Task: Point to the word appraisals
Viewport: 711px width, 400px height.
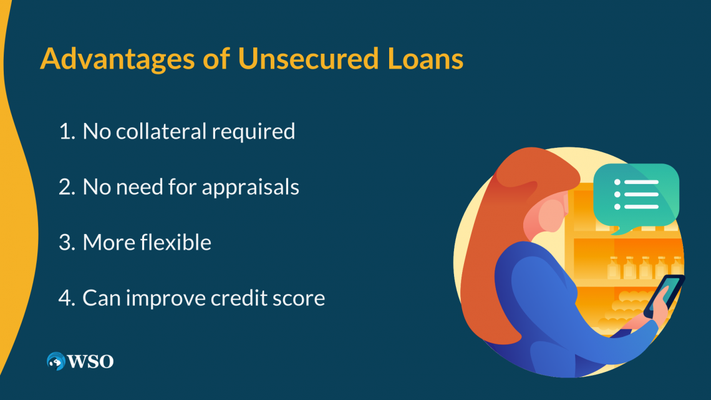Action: pyautogui.click(x=251, y=187)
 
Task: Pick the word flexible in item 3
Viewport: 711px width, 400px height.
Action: pyautogui.click(x=175, y=242)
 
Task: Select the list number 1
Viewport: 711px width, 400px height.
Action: pyautogui.click(x=65, y=131)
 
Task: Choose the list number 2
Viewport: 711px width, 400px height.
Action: pyautogui.click(x=65, y=187)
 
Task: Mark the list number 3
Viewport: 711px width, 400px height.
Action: pyautogui.click(x=65, y=242)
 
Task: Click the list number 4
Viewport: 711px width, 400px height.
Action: pyautogui.click(x=65, y=298)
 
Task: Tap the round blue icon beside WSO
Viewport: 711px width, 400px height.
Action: pyautogui.click(x=56, y=361)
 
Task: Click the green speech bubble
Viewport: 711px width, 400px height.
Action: pyautogui.click(x=636, y=194)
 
